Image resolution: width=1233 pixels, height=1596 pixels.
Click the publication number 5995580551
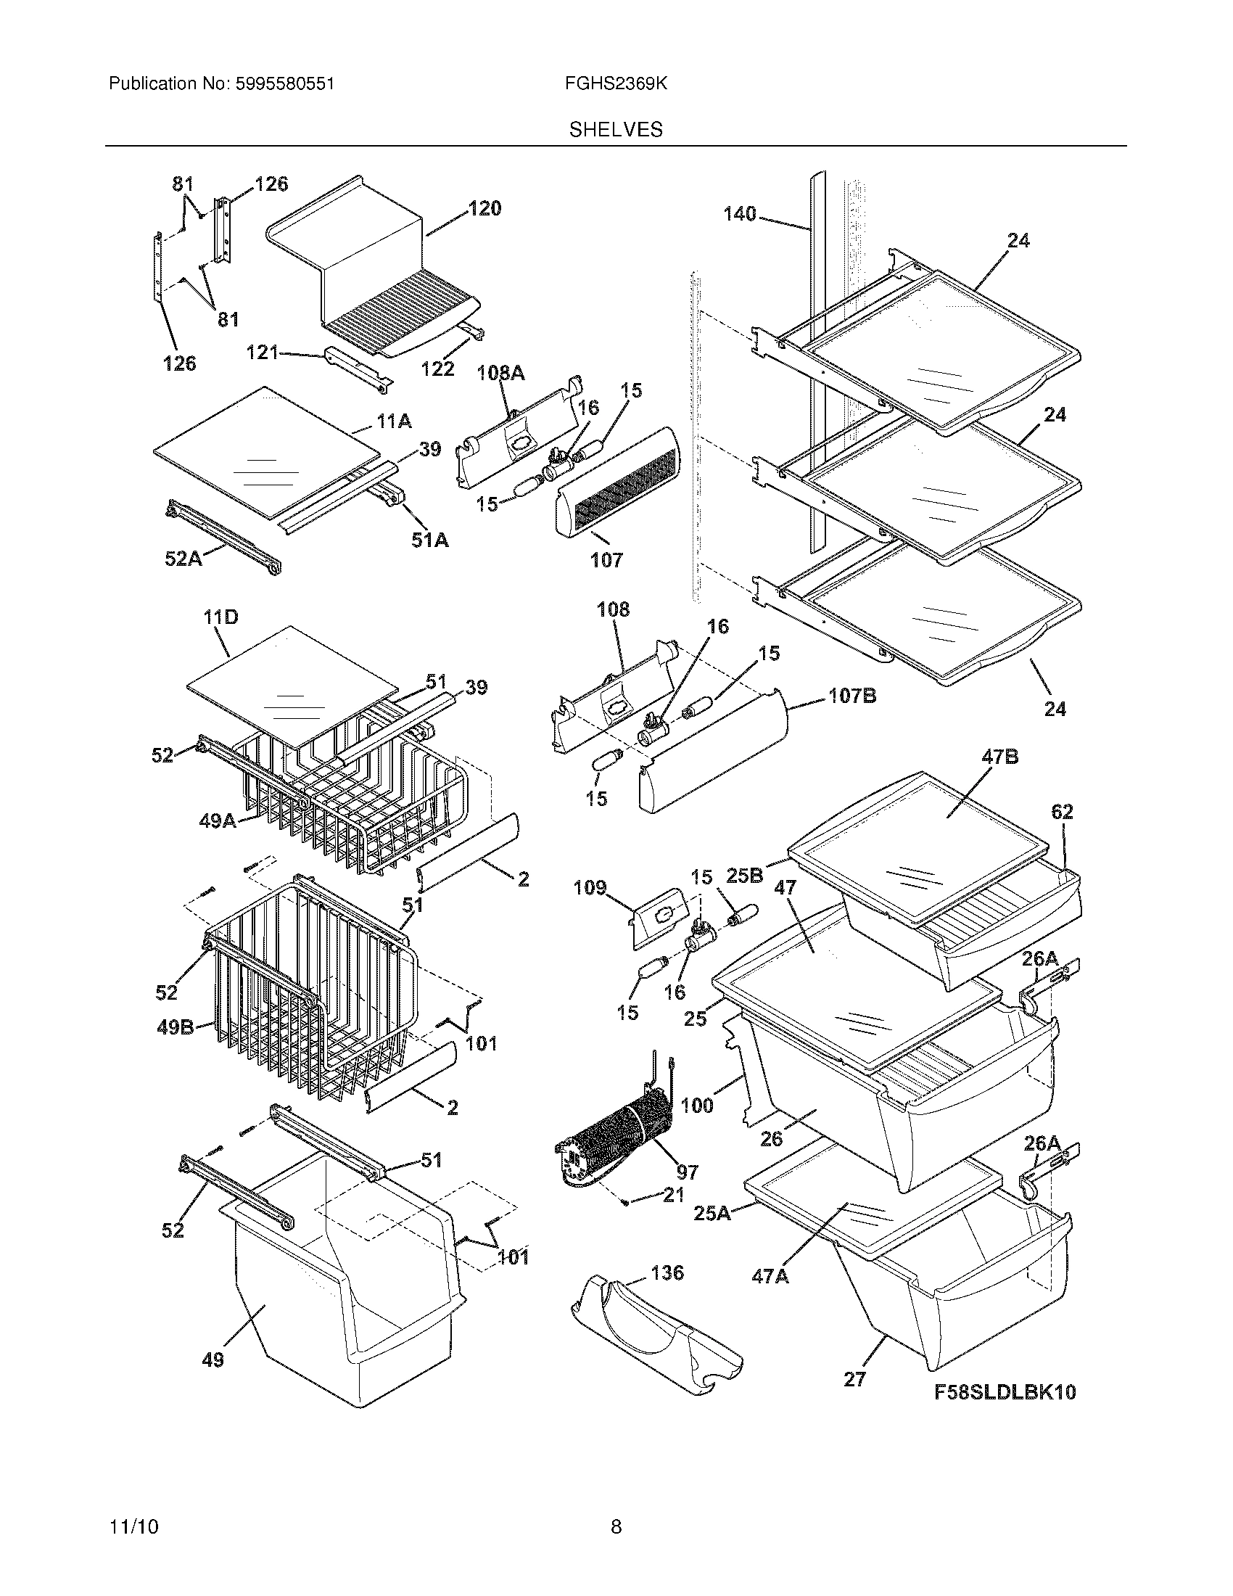(x=285, y=84)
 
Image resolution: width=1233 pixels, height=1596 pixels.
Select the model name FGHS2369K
(x=616, y=84)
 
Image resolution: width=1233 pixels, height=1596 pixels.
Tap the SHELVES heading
(x=616, y=130)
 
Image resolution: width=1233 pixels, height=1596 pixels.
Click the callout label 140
(x=740, y=214)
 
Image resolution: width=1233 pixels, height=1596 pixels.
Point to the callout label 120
(x=484, y=208)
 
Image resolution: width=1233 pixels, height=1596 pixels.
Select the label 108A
(x=500, y=374)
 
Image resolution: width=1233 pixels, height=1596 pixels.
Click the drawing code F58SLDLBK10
(x=1005, y=1391)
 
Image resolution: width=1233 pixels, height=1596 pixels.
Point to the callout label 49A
(x=218, y=820)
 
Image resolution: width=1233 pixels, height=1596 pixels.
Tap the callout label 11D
(x=220, y=617)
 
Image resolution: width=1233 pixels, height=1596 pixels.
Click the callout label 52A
(x=183, y=559)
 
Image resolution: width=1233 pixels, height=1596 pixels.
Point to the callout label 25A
(x=711, y=1212)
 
